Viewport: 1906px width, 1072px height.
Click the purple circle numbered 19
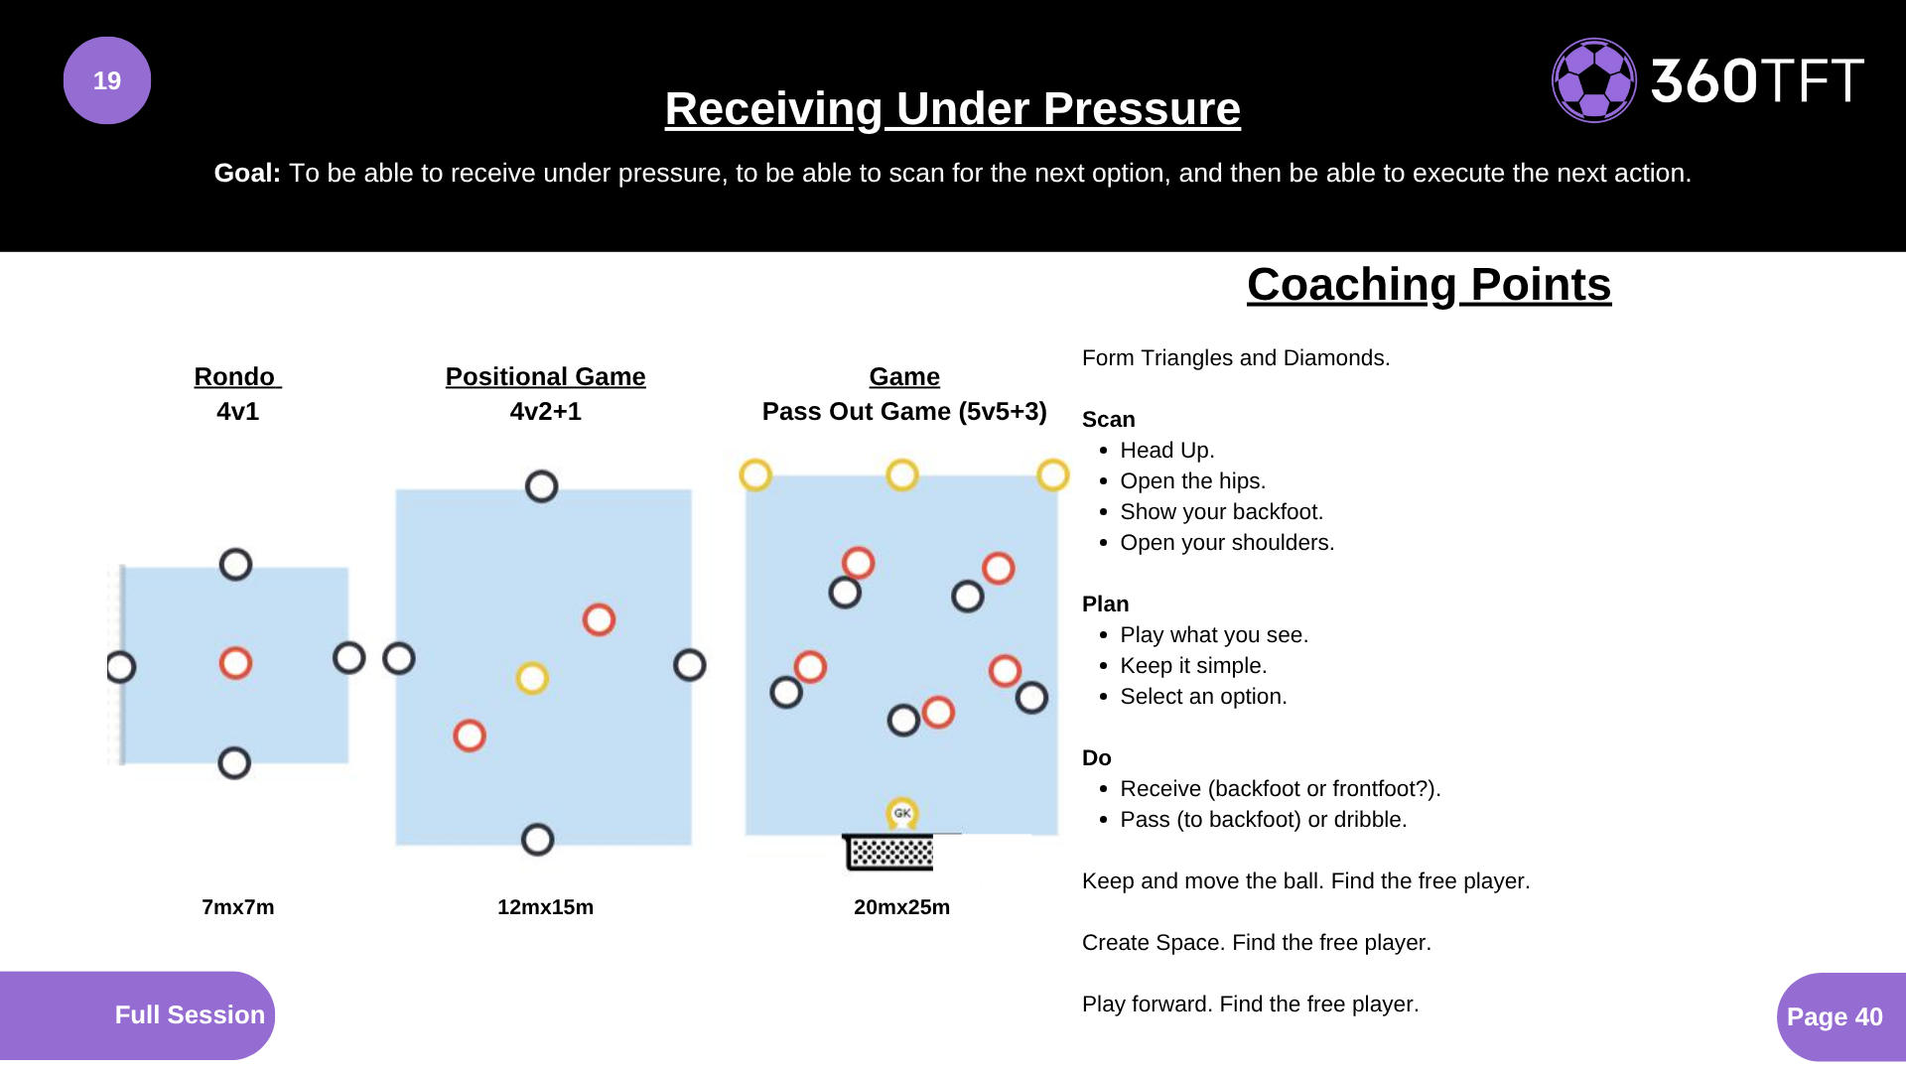(107, 80)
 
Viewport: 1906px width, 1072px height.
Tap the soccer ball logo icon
(1593, 80)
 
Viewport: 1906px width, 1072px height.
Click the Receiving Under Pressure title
(952, 108)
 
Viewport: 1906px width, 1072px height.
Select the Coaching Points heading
(1429, 285)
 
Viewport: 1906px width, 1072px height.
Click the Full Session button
(189, 1014)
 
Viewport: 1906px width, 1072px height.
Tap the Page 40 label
(1835, 1016)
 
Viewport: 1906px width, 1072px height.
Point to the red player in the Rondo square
(235, 663)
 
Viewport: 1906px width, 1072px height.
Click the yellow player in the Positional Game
(532, 678)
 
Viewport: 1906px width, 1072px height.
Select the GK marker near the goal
(901, 813)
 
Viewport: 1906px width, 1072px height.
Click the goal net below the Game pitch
(890, 852)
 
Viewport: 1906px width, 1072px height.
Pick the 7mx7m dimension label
(237, 907)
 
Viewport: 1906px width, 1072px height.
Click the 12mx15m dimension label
(545, 907)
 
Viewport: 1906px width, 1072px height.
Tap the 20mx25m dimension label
(901, 907)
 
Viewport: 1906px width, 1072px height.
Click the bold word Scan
(1108, 420)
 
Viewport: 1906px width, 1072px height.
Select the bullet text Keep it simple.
(1193, 666)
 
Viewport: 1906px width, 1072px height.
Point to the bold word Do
(1096, 758)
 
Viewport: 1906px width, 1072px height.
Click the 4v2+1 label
(545, 411)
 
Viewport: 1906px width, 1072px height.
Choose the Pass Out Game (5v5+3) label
(903, 411)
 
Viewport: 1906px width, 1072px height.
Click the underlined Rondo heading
(236, 377)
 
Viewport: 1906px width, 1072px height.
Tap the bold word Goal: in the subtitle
(247, 174)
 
